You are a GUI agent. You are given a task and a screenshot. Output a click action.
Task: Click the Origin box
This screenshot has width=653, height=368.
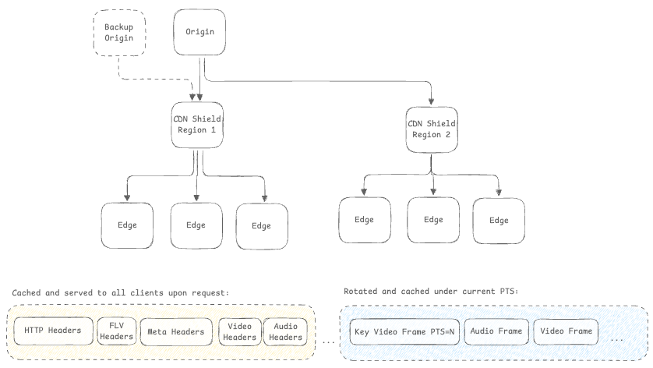pyautogui.click(x=199, y=33)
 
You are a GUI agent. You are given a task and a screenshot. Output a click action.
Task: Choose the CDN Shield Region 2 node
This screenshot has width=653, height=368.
pyautogui.click(x=430, y=128)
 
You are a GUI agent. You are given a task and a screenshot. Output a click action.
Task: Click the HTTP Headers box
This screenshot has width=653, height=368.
pyautogui.click(x=53, y=331)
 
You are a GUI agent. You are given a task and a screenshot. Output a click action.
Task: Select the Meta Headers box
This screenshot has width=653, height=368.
pyautogui.click(x=176, y=332)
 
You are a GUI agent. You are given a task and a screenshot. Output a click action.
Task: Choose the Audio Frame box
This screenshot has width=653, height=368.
pyautogui.click(x=496, y=331)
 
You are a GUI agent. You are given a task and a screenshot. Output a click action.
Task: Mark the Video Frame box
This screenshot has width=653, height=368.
pyautogui.click(x=567, y=331)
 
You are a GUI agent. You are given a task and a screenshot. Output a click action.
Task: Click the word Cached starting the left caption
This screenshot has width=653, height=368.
pyautogui.click(x=27, y=292)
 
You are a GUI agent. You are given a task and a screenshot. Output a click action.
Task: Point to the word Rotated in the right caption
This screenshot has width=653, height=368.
pyautogui.click(x=359, y=291)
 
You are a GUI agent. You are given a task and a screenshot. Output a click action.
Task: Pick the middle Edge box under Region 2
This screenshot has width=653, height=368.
pyautogui.click(x=433, y=220)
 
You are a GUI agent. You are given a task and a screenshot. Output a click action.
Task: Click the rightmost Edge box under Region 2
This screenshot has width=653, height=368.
pyautogui.click(x=499, y=220)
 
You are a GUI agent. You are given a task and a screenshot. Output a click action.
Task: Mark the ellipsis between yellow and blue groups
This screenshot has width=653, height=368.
pyautogui.click(x=328, y=341)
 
